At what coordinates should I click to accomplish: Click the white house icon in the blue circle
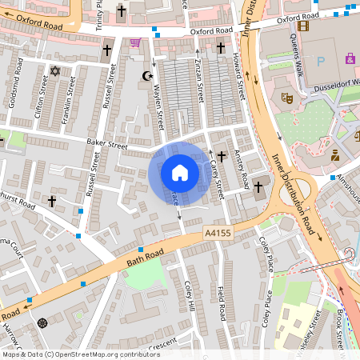180,173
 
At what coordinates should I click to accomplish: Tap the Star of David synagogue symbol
55,72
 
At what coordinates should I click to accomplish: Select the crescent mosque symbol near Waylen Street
146,76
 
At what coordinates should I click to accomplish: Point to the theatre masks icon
286,98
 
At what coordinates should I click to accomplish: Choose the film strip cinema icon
302,26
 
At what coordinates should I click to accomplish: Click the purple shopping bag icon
350,58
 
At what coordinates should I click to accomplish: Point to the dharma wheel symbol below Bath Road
42,323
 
